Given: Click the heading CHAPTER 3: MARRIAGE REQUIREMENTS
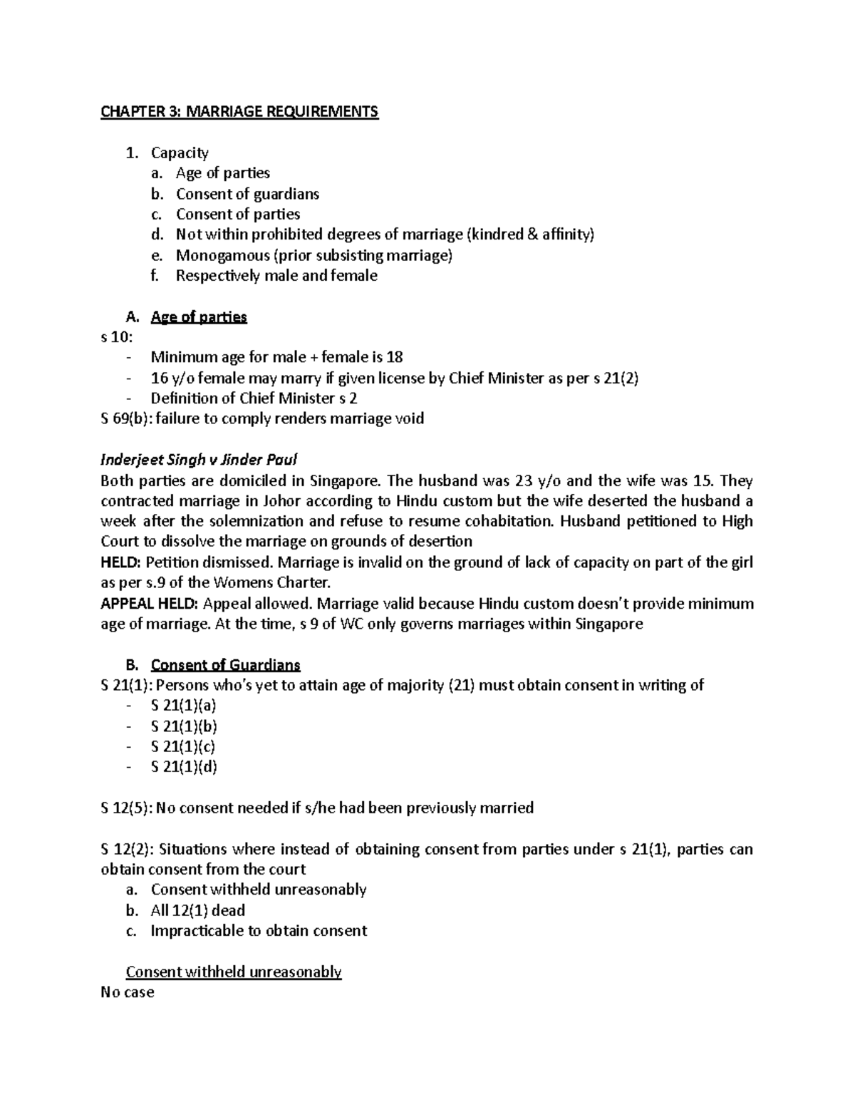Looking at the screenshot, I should (239, 112).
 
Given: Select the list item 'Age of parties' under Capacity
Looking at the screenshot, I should (222, 173).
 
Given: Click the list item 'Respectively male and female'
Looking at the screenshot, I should (276, 276).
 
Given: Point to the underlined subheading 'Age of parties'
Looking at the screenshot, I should (199, 317).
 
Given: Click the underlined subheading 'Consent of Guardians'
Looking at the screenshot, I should (225, 666).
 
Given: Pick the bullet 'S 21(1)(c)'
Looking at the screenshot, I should (183, 747).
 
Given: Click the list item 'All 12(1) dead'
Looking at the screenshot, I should (197, 910).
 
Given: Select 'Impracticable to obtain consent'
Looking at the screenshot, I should (259, 931).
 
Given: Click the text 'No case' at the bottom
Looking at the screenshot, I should (128, 992).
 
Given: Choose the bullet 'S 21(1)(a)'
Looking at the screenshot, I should (183, 706).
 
